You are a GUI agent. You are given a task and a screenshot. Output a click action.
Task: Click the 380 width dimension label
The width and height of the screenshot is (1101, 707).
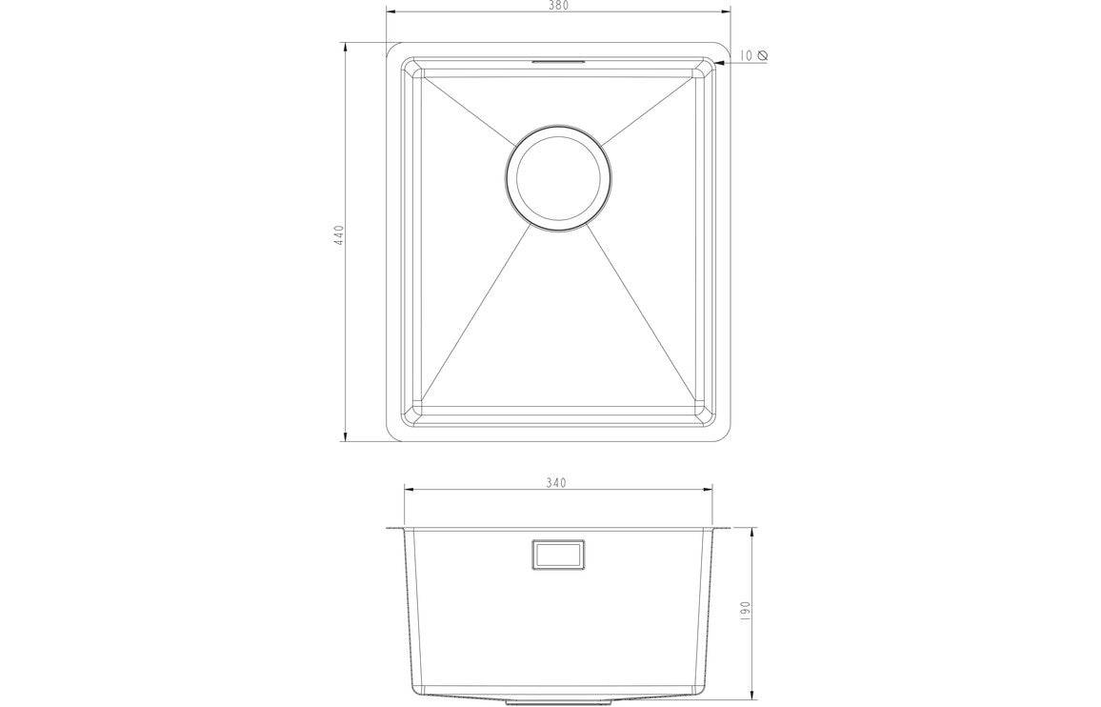click(x=557, y=6)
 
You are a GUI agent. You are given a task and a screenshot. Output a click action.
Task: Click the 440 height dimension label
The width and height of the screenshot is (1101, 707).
click(x=338, y=234)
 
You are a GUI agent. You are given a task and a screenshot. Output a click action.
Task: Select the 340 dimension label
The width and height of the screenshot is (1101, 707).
click(x=555, y=483)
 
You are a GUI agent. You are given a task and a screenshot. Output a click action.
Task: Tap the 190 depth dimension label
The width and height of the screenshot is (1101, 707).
click(x=747, y=609)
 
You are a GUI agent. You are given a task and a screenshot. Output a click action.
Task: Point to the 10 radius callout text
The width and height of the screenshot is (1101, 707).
click(x=746, y=55)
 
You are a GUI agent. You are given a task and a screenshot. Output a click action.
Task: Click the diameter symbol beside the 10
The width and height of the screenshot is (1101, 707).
click(x=761, y=55)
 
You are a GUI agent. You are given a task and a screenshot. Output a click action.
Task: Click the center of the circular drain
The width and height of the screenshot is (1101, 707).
click(x=557, y=178)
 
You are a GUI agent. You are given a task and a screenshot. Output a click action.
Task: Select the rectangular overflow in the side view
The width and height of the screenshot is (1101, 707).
click(x=558, y=555)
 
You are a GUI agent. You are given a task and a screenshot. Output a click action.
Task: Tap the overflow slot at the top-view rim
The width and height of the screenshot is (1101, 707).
click(x=558, y=61)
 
